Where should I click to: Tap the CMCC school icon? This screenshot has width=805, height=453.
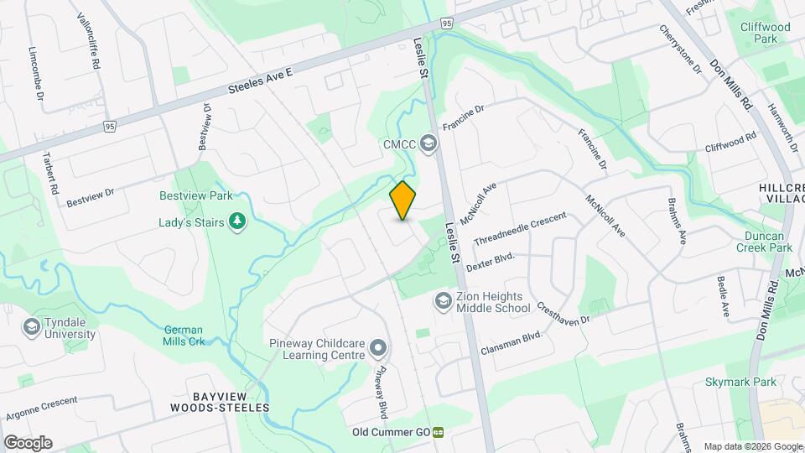coord(429,144)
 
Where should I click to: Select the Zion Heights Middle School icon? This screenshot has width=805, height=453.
coord(443,300)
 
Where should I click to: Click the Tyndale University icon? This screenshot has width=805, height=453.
coord(32,326)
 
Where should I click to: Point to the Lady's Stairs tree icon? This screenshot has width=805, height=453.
coord(239,221)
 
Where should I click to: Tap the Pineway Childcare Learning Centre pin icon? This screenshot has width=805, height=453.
coord(378,346)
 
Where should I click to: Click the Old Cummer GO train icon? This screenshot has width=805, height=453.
coord(438,433)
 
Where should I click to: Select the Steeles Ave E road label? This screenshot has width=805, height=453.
coord(260,81)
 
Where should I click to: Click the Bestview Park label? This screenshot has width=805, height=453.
coord(195,195)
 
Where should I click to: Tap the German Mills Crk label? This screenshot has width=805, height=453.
coord(184,336)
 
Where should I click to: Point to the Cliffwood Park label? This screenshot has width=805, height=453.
coord(765,33)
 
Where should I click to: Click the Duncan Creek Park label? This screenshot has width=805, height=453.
coord(763,242)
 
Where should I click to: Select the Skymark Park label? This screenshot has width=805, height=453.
coord(740,382)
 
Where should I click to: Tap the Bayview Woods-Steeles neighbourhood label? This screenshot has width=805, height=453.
coord(220,401)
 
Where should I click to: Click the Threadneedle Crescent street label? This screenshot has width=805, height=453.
coord(520,228)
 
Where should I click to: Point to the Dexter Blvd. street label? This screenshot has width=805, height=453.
coord(490,262)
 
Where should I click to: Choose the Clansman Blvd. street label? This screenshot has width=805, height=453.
coord(512,341)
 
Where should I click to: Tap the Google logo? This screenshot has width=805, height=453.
coord(28,442)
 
